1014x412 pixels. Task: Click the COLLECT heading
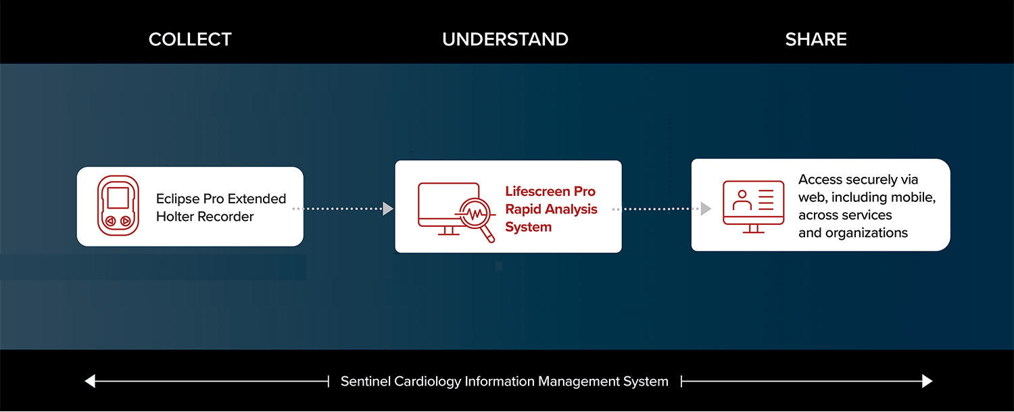tap(190, 39)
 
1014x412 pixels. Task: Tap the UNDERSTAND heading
tap(505, 39)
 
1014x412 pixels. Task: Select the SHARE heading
tap(816, 39)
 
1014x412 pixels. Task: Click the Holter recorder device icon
tap(118, 206)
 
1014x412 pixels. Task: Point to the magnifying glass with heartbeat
tap(475, 215)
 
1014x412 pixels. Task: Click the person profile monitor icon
tap(753, 207)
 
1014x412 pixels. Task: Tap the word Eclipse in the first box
tap(178, 199)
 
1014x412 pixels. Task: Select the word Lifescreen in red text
tap(537, 191)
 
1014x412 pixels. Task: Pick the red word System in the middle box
tap(528, 227)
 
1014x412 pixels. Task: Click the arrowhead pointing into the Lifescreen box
tap(388, 209)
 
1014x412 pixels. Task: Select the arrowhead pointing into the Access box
tap(706, 209)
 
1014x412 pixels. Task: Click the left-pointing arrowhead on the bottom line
tap(90, 381)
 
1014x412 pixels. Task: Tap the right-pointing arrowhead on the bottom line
tap(927, 381)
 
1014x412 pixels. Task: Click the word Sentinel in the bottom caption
tap(365, 381)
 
